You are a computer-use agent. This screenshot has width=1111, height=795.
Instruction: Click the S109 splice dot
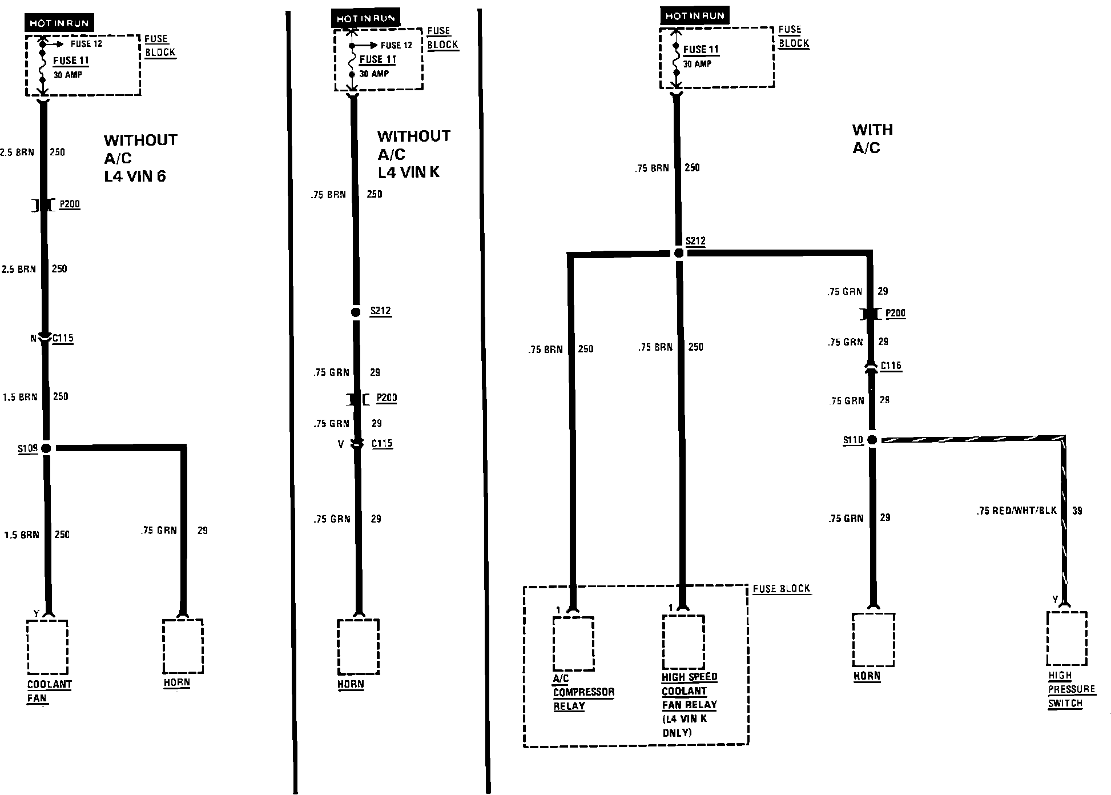click(x=46, y=448)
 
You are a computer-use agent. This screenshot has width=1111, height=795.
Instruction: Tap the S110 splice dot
click(x=872, y=440)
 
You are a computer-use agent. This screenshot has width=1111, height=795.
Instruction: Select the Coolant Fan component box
click(x=47, y=647)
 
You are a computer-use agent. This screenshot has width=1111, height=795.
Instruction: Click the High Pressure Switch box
click(x=1066, y=638)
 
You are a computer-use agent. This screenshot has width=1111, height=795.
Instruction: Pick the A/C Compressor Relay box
click(x=573, y=643)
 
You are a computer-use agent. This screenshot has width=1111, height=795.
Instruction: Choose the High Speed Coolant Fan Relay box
click(x=683, y=642)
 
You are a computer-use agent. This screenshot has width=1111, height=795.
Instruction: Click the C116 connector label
click(x=891, y=366)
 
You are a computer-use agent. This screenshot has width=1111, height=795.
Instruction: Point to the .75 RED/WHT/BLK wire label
click(x=1016, y=511)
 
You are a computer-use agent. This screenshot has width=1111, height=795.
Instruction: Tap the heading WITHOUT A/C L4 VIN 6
click(x=140, y=158)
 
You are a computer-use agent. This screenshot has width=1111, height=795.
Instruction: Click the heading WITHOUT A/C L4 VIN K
click(x=413, y=154)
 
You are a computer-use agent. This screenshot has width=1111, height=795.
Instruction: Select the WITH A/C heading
click(x=872, y=139)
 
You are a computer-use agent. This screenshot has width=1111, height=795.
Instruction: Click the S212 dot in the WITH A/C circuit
click(x=678, y=253)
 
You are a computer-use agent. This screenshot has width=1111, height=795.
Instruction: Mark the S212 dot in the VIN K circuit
click(x=356, y=312)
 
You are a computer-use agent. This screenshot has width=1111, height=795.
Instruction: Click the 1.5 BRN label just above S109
click(x=20, y=397)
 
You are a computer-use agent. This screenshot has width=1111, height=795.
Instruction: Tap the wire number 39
click(x=1077, y=511)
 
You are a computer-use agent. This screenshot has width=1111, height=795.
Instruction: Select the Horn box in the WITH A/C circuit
click(x=873, y=640)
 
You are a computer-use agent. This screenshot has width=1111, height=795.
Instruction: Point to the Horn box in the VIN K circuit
click(x=358, y=647)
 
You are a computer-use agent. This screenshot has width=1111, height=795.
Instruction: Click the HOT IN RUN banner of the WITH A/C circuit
click(x=694, y=16)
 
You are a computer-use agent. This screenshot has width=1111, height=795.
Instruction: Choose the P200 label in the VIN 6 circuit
click(x=70, y=204)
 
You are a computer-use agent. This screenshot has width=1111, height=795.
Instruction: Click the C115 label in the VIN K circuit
click(x=382, y=443)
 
